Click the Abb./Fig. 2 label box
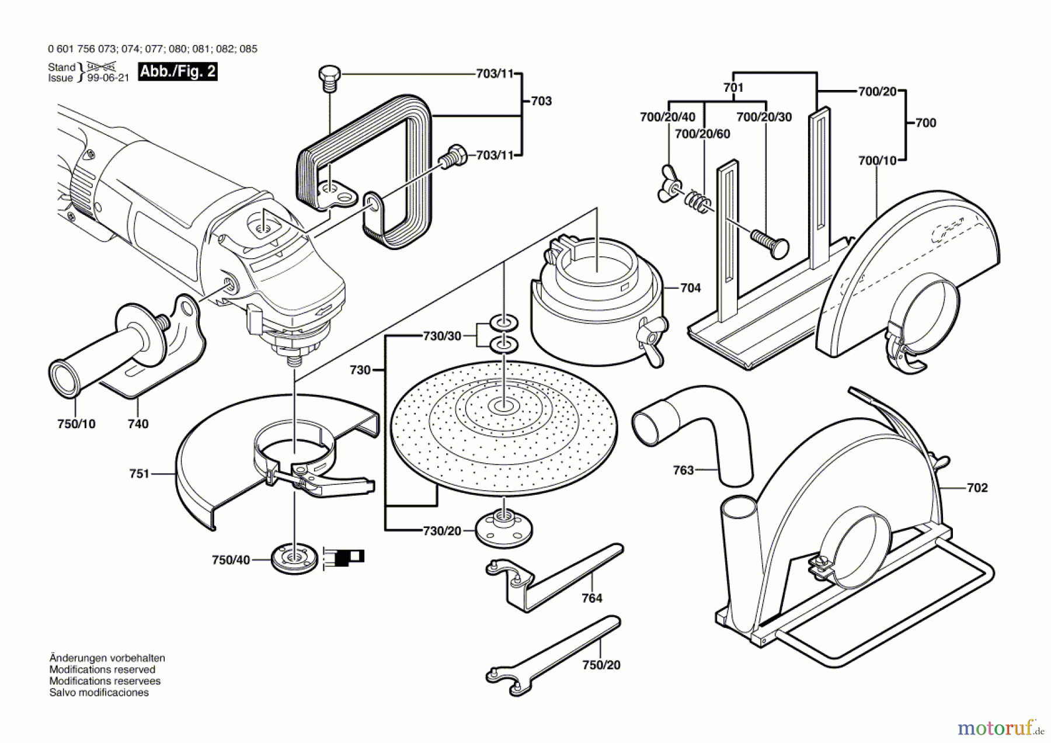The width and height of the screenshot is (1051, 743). coord(178,72)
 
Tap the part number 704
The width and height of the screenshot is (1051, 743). coord(690,288)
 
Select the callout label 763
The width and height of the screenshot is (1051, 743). coord(683,470)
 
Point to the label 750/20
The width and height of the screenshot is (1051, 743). coord(601,665)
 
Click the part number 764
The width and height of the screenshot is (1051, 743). coord(591,598)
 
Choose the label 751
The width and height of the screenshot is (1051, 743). coord(140,474)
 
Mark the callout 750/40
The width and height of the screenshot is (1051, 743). coord(231,560)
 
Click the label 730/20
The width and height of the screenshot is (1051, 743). coord(442,531)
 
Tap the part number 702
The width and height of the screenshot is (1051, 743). coord(977,488)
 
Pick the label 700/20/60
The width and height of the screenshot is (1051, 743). coord(702,134)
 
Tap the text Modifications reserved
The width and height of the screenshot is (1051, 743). coord(102,669)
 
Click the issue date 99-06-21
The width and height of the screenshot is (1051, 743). coord(108,78)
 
